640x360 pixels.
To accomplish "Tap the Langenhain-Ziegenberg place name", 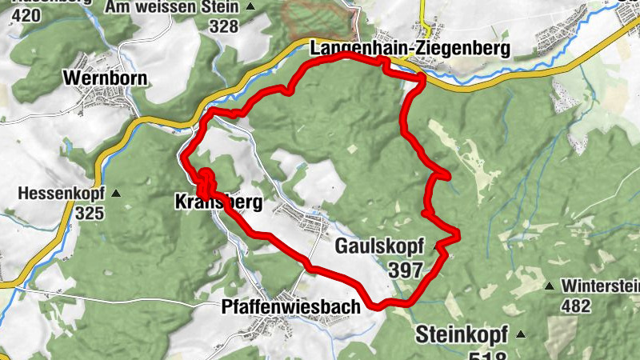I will [x=410, y=49].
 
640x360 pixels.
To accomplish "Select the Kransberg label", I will [x=218, y=203].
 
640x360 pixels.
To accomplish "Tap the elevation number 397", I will [x=406, y=270].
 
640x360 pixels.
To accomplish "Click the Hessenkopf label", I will [x=62, y=194].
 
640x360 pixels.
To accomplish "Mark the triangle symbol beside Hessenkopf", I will [x=118, y=194].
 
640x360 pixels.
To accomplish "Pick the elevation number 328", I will [x=224, y=26].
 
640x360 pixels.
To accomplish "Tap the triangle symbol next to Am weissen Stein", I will [x=251, y=7].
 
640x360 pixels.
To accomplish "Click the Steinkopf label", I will [x=462, y=334].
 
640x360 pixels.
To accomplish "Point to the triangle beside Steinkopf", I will [x=521, y=334].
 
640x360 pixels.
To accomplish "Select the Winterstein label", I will [x=600, y=286].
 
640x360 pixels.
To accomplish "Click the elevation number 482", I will [x=575, y=306].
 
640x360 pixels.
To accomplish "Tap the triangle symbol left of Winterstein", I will [x=550, y=286].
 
